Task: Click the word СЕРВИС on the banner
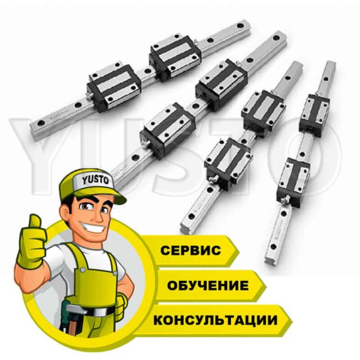click(x=191, y=250)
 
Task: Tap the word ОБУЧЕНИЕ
click(x=208, y=286)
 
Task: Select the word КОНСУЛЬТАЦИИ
click(x=216, y=320)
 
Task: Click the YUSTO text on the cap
click(x=95, y=180)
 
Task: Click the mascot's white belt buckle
click(x=100, y=312)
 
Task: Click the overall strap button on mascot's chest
click(x=83, y=270)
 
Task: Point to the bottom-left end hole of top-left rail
click(x=41, y=123)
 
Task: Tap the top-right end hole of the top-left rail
click(x=240, y=25)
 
